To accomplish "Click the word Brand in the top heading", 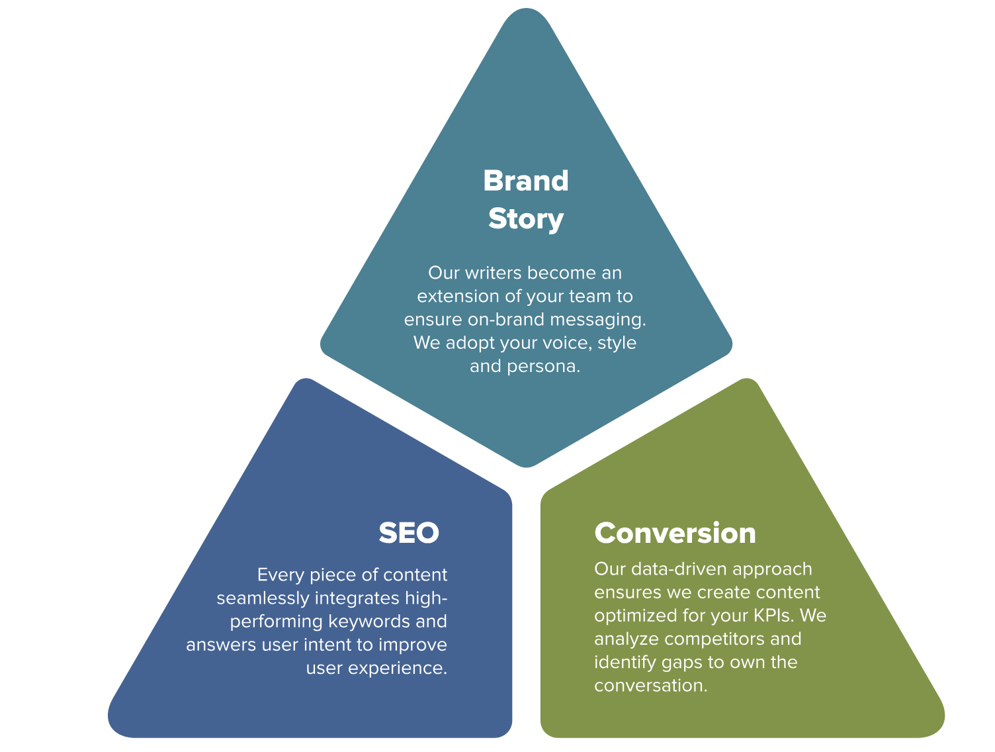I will click(x=525, y=181).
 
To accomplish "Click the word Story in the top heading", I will click(x=525, y=219).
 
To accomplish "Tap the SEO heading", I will click(x=408, y=533).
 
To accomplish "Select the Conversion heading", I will click(x=675, y=533).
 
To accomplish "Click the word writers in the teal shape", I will click(x=493, y=273).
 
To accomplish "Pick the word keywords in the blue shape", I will click(x=368, y=622).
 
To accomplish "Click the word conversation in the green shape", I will click(x=650, y=686).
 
